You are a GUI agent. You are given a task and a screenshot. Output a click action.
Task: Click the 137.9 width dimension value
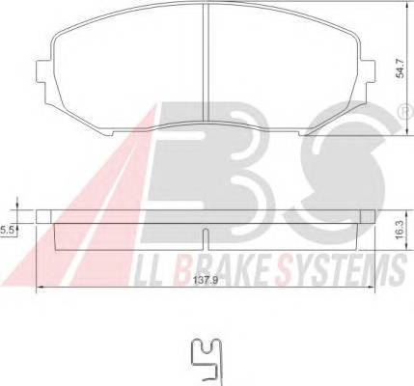pos(206,280)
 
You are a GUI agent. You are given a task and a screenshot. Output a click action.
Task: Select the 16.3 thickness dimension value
pos(400,230)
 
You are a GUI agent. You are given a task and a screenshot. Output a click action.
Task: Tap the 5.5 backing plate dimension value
pos(6,230)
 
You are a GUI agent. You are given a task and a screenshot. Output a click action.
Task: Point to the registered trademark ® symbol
pos(406,112)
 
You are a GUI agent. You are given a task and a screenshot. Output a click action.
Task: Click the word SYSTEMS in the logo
pos(341,269)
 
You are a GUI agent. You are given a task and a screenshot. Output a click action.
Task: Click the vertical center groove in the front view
pos(206,63)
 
